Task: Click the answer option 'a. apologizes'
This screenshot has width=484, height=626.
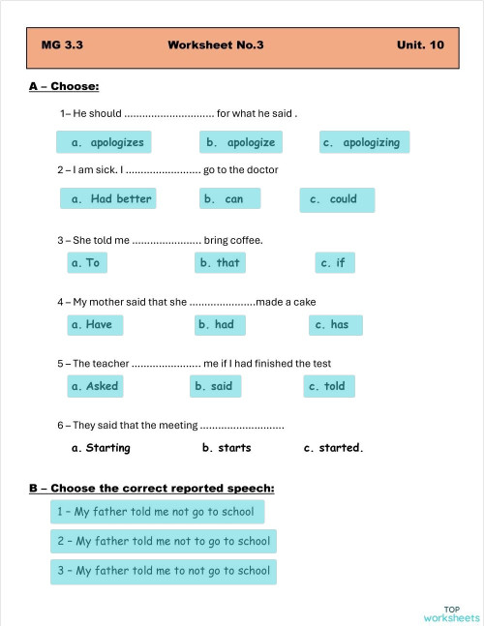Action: pyautogui.click(x=106, y=142)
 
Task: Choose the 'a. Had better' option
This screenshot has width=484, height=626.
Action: pyautogui.click(x=106, y=199)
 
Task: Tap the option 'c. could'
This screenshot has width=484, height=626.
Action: pyautogui.click(x=335, y=199)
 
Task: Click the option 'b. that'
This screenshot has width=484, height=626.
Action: pyautogui.click(x=220, y=262)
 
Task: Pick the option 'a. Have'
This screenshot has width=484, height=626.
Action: pyautogui.click(x=92, y=325)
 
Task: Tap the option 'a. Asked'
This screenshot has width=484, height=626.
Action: pyautogui.click(x=95, y=386)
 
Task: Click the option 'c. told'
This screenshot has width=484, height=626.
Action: pyautogui.click(x=327, y=386)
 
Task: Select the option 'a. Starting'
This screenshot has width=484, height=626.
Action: pyautogui.click(x=101, y=448)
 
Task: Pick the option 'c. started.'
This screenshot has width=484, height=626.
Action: pyautogui.click(x=333, y=448)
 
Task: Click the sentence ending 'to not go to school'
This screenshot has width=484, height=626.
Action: pyautogui.click(x=164, y=571)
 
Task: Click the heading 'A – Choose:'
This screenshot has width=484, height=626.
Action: pyautogui.click(x=64, y=87)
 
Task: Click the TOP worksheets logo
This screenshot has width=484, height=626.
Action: pyautogui.click(x=451, y=612)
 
